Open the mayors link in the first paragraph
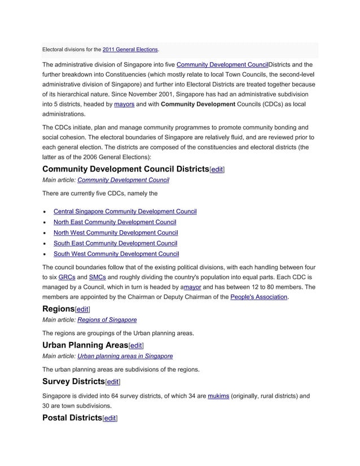[124, 104]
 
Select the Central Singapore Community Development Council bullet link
[125, 212]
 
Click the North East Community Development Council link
[115, 222]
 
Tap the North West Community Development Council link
[116, 233]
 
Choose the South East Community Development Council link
[116, 244]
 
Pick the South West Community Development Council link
[116, 254]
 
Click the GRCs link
[67, 278]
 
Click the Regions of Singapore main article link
[107, 320]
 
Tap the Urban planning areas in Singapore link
[125, 357]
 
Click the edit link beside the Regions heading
[83, 310]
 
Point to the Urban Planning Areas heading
[85, 345]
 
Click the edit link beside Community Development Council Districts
[217, 169]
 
